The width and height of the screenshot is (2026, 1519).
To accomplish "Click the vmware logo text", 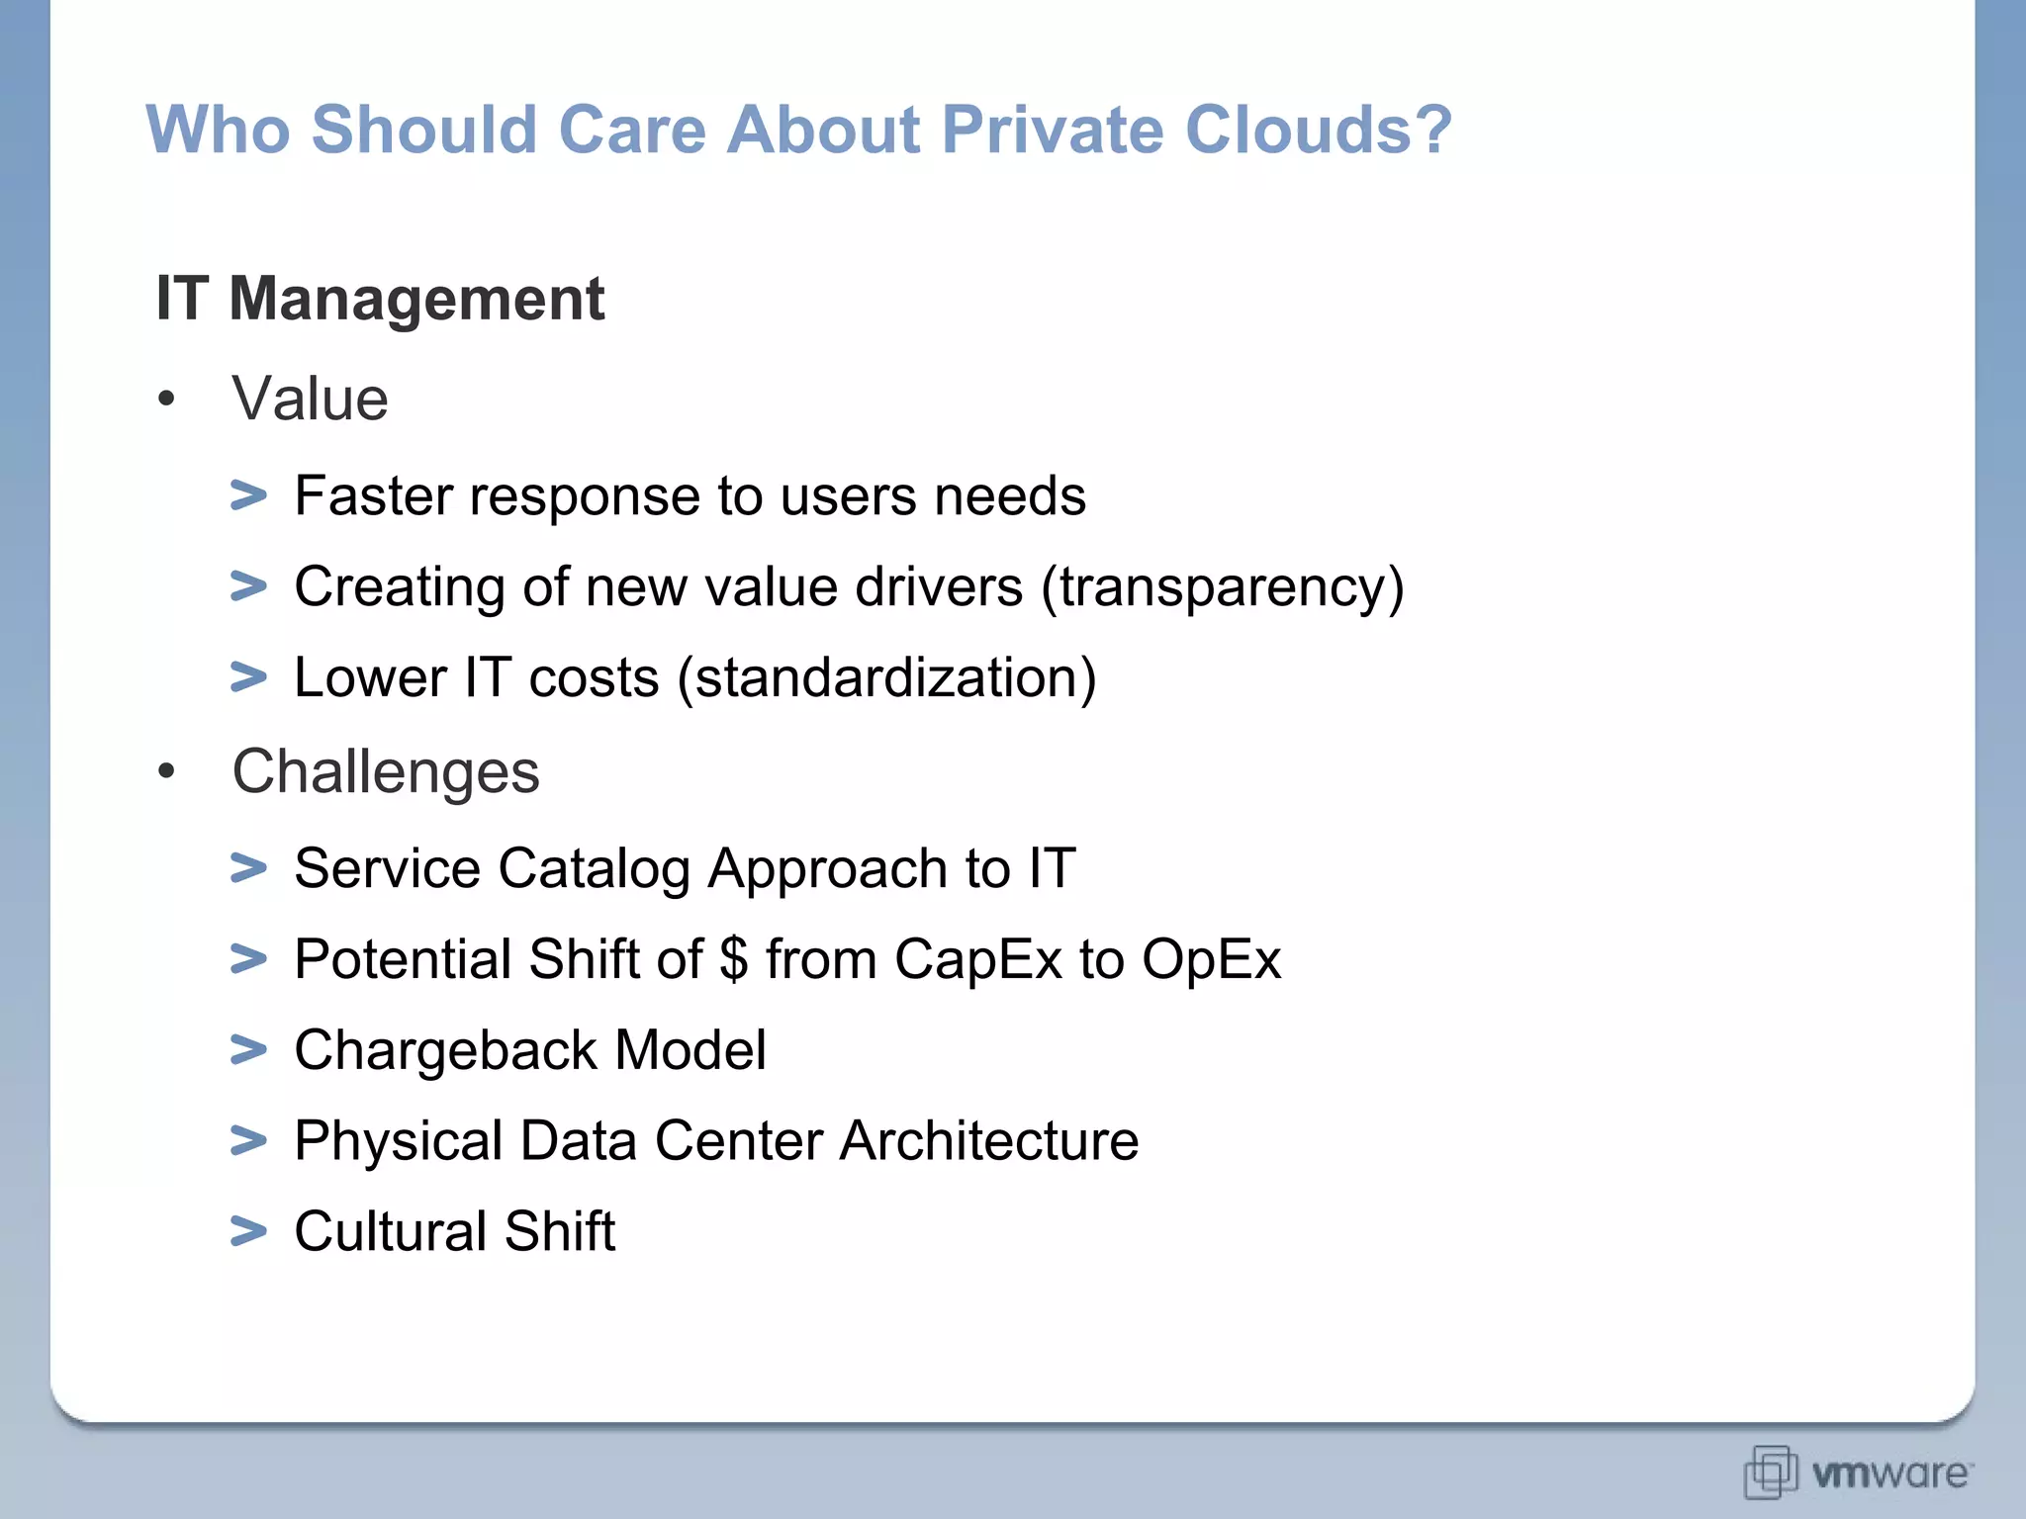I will (x=1890, y=1474).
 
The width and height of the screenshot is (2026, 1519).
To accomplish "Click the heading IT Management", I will (x=380, y=298).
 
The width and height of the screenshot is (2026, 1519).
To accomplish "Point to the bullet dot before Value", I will (x=166, y=400).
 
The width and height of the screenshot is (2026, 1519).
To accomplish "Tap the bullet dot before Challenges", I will (x=166, y=771).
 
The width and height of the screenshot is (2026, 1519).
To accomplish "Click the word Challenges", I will (x=385, y=771).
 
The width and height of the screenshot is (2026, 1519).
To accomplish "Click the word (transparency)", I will (x=1222, y=587).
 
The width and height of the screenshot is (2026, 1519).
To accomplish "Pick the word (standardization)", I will (x=886, y=678).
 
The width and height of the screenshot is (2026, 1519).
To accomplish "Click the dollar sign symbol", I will (x=733, y=959).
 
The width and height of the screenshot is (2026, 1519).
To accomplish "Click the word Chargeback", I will (x=445, y=1050).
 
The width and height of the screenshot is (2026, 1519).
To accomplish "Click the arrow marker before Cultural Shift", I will (x=248, y=1231).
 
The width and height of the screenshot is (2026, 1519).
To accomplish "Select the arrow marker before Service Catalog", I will (x=248, y=868).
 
